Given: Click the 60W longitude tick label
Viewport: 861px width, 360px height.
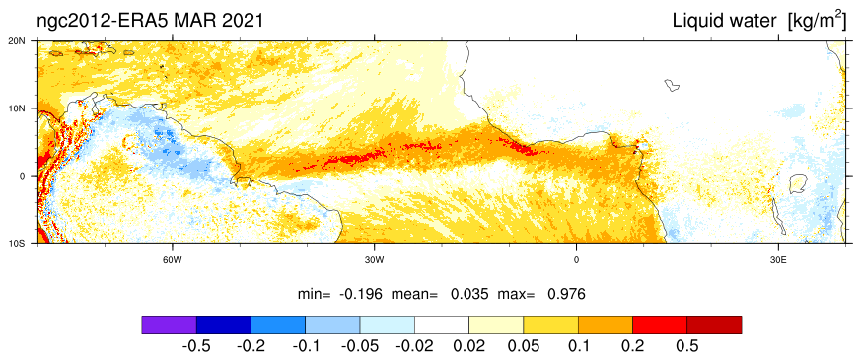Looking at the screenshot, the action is pyautogui.click(x=173, y=259).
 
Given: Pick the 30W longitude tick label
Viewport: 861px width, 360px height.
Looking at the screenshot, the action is pyautogui.click(x=374, y=259).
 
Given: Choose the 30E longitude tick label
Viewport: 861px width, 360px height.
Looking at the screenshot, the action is pyautogui.click(x=777, y=259).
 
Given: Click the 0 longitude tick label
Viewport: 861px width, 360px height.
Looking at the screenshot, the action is pyautogui.click(x=576, y=259).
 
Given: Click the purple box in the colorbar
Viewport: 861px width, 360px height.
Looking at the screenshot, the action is pyautogui.click(x=169, y=324).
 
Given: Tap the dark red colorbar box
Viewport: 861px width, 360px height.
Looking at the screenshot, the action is pyautogui.click(x=714, y=324).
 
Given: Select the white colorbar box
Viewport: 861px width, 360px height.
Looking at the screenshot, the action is pyautogui.click(x=442, y=324).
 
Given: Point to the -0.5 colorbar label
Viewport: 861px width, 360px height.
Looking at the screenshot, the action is pyautogui.click(x=196, y=346).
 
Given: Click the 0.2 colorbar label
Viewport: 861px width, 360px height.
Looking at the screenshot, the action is pyautogui.click(x=632, y=346).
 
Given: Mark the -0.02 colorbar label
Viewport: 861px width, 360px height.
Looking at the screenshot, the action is pyautogui.click(x=414, y=346).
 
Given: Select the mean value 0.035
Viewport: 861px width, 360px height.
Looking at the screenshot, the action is pyautogui.click(x=469, y=294).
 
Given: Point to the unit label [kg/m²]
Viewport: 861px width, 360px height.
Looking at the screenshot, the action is pyautogui.click(x=817, y=21).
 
